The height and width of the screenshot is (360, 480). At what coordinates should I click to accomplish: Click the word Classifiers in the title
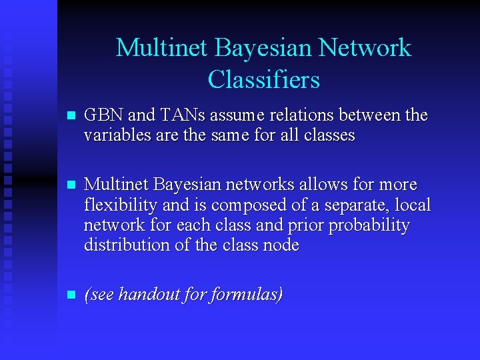[x=263, y=80]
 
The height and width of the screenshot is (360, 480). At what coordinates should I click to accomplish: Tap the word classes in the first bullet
[x=328, y=135]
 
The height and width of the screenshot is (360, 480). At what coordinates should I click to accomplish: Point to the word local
[x=413, y=205]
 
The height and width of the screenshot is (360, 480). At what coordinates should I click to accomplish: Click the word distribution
[x=123, y=245]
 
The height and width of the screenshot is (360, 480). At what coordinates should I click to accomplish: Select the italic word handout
[x=151, y=295]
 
